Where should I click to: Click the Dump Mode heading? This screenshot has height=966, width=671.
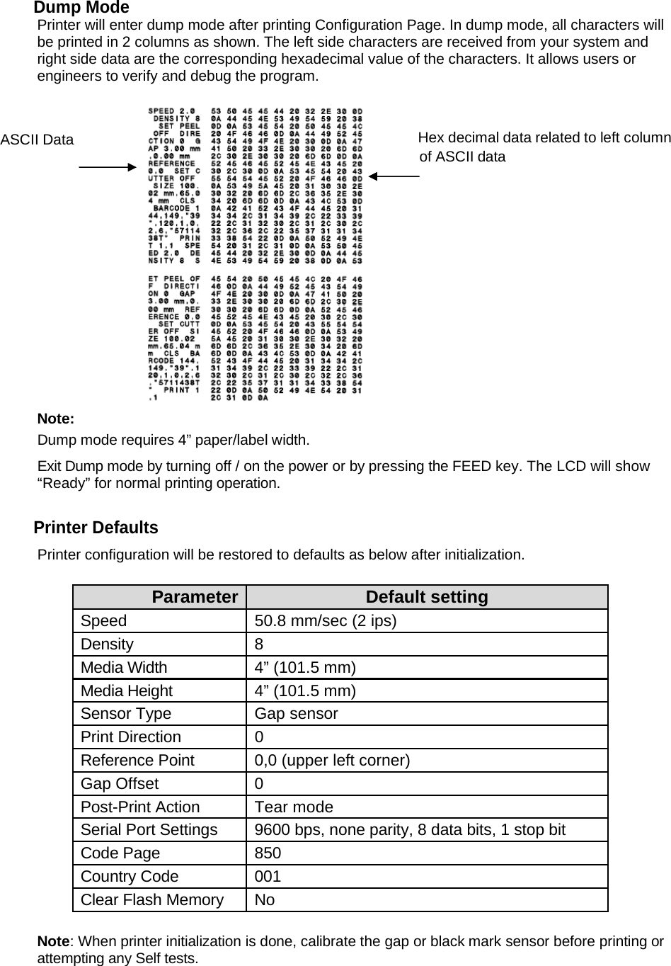click(x=81, y=8)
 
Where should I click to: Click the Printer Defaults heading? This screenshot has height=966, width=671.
click(x=96, y=528)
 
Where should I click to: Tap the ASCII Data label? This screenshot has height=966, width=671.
click(x=37, y=140)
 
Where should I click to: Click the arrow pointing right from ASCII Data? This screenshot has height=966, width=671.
click(x=106, y=167)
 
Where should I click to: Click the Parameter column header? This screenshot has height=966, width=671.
click(x=195, y=597)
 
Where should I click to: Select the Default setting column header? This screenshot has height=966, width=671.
click(x=427, y=597)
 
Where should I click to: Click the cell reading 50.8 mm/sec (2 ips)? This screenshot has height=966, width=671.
click(x=326, y=620)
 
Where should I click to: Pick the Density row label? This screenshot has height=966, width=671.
click(x=107, y=644)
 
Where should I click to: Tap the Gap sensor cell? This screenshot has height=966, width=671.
click(x=296, y=713)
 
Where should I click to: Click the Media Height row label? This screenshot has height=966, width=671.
click(x=126, y=691)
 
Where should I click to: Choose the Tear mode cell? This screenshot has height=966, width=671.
click(x=294, y=807)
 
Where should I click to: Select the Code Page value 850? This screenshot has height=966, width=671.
click(x=268, y=853)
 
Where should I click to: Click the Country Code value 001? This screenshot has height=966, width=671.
click(x=268, y=876)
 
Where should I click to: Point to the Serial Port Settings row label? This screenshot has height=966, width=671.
click(x=149, y=829)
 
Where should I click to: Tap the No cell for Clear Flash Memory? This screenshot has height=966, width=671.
click(x=265, y=899)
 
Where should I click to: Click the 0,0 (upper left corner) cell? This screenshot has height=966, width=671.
click(x=332, y=760)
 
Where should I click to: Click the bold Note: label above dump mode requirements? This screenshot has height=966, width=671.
click(x=55, y=419)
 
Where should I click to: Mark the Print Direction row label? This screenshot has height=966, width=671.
click(x=130, y=737)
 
